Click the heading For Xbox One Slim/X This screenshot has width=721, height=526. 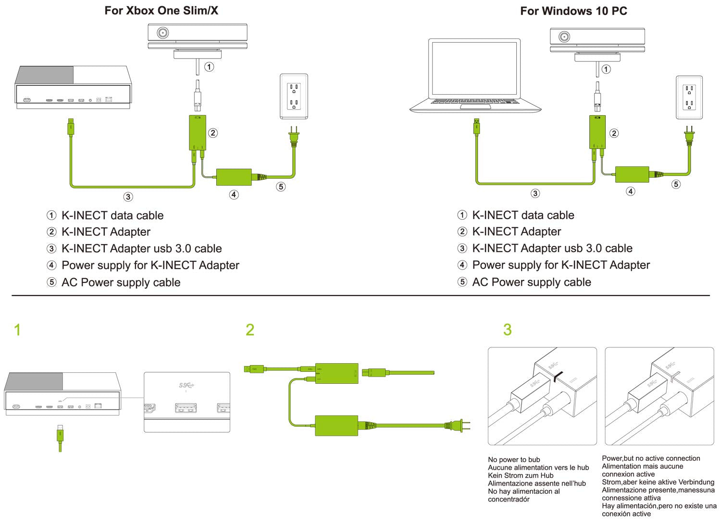(x=161, y=11)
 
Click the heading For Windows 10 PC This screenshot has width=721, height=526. (x=573, y=11)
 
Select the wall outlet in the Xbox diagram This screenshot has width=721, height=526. (x=294, y=96)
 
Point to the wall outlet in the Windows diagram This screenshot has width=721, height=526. (x=689, y=97)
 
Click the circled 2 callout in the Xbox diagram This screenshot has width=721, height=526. (x=213, y=133)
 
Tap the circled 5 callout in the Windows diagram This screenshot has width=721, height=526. (x=676, y=184)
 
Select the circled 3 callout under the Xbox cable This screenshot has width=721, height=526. (x=128, y=196)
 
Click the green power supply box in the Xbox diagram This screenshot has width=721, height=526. (x=234, y=177)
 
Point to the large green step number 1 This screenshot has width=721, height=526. (x=17, y=330)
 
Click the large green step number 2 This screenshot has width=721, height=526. (x=250, y=330)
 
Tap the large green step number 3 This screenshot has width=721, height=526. (x=508, y=330)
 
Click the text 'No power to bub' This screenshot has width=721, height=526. (x=514, y=460)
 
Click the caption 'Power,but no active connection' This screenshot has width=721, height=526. (x=651, y=458)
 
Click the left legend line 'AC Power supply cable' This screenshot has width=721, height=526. (x=121, y=282)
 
